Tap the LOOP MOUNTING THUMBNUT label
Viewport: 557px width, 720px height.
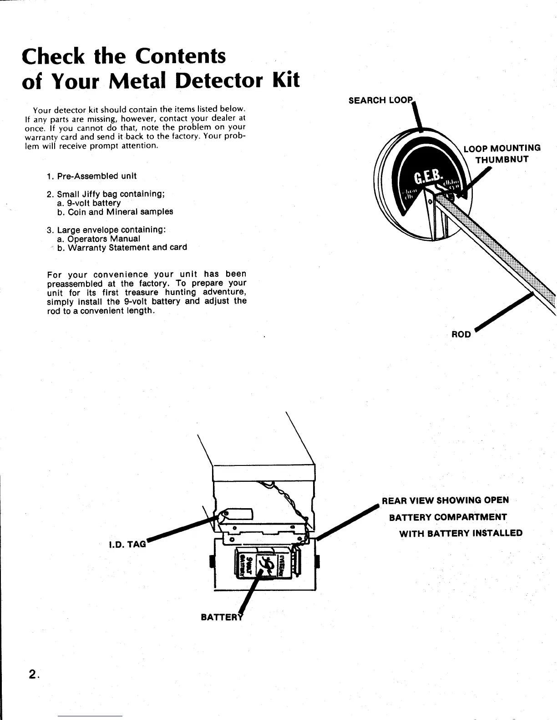[x=501, y=154]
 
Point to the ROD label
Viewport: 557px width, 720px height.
[x=461, y=334]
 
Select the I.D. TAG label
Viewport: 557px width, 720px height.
[x=128, y=544]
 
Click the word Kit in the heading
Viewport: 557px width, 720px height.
[x=286, y=81]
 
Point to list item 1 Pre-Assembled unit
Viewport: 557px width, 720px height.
[x=91, y=176]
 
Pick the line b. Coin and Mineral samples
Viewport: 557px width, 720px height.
[x=115, y=212]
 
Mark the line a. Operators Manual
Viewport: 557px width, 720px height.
[x=99, y=239]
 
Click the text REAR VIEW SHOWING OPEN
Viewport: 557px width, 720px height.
[x=445, y=500]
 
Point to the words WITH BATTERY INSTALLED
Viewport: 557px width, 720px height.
[x=461, y=533]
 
